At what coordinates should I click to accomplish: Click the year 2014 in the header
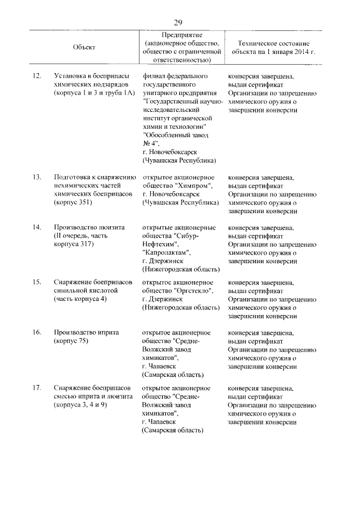pyautogui.click(x=300, y=51)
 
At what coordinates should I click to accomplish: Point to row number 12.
pyautogui.click(x=37, y=75)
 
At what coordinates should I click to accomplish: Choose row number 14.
pyautogui.click(x=37, y=227)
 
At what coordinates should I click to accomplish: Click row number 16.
pyautogui.click(x=37, y=332)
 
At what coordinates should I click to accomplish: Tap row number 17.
pyautogui.click(x=37, y=388)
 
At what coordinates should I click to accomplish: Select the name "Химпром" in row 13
pyautogui.click(x=196, y=186)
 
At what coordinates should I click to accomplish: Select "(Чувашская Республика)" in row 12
pyautogui.click(x=179, y=160)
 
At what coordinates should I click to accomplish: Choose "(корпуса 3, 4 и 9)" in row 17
pyautogui.click(x=82, y=406)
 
